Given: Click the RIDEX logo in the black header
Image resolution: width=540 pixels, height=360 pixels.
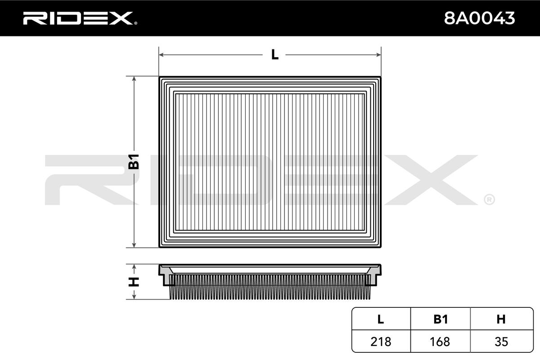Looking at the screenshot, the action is pos(78,18).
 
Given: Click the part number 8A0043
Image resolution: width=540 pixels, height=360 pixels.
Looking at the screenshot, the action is pos(479,18).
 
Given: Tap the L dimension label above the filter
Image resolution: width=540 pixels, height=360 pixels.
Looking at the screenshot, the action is pos(274,54).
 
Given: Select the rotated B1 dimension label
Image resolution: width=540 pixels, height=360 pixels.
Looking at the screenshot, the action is pos(134,162).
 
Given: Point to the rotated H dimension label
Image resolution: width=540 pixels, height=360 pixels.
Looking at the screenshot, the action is pos(134,282).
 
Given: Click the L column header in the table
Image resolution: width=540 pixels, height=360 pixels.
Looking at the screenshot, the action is pos(380,319).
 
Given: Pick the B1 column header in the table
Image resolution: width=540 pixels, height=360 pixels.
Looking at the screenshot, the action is pos(441,319).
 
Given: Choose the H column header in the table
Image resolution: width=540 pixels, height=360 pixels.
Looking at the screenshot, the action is pos(501,319).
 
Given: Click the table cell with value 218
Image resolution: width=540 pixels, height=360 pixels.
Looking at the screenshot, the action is pos(381,342).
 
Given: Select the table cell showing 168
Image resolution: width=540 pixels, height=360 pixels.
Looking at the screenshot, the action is pos(440,342).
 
